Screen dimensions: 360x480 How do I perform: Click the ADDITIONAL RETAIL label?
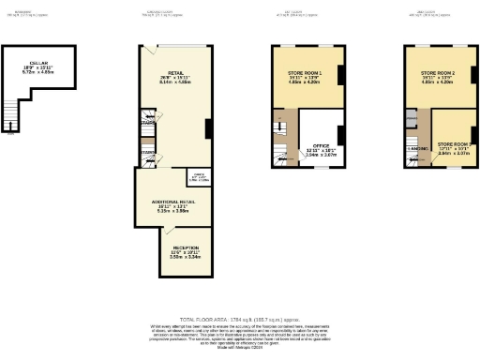click(175, 203)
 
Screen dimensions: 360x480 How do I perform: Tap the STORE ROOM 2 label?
click(438, 74)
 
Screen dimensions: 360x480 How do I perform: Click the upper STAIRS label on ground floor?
click(146, 122)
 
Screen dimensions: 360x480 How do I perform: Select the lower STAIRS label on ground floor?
click(146, 152)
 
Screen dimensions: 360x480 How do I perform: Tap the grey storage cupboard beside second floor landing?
click(412, 120)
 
